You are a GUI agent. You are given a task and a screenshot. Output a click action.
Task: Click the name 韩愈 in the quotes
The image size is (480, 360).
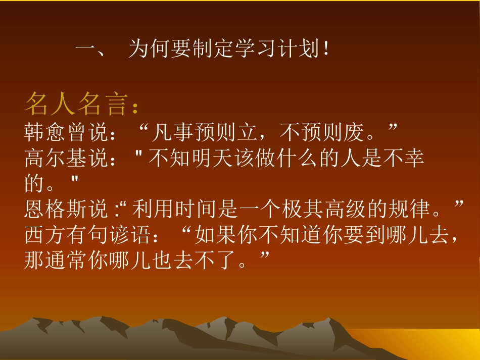[45, 133]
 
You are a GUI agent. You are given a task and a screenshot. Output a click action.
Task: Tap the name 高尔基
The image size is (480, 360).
[56, 159]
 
